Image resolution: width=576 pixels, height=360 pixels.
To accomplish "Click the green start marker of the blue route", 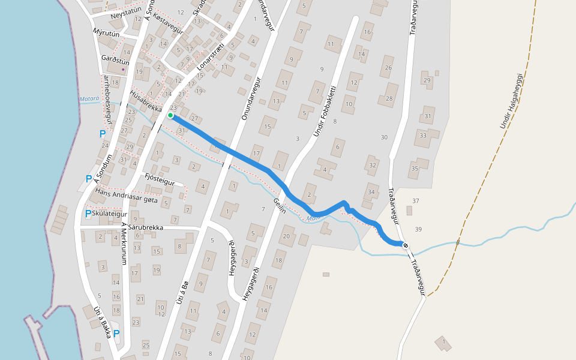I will point(170,115).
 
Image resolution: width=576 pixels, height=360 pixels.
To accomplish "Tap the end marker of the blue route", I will point(406,245).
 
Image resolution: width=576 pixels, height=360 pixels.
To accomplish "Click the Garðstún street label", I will point(115,60).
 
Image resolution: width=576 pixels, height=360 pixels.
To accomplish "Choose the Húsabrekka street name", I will point(146,101).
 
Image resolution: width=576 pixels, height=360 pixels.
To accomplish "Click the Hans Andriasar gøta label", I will point(126,195).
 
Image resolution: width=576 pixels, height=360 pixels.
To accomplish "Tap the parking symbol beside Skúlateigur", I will point(88,214).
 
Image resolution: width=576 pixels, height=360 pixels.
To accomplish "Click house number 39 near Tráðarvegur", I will point(418,229).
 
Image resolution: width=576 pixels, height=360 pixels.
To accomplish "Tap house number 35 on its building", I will point(415,169).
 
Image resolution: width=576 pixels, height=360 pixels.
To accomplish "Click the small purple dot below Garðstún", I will point(123,69).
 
